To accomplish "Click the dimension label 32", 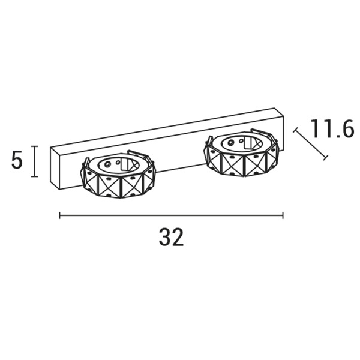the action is pos(171,237).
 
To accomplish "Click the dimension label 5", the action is pos(17,160).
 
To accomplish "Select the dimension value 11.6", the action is pos(332,129).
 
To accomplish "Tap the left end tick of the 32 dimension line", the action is pos(59,215).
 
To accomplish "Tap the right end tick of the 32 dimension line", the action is pos(283,215).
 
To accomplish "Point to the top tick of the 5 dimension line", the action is pos(34,146).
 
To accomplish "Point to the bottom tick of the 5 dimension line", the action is pos(34,176).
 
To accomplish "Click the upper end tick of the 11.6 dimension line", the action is pos(295,130).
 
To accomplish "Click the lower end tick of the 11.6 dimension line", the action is pos(325,157).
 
